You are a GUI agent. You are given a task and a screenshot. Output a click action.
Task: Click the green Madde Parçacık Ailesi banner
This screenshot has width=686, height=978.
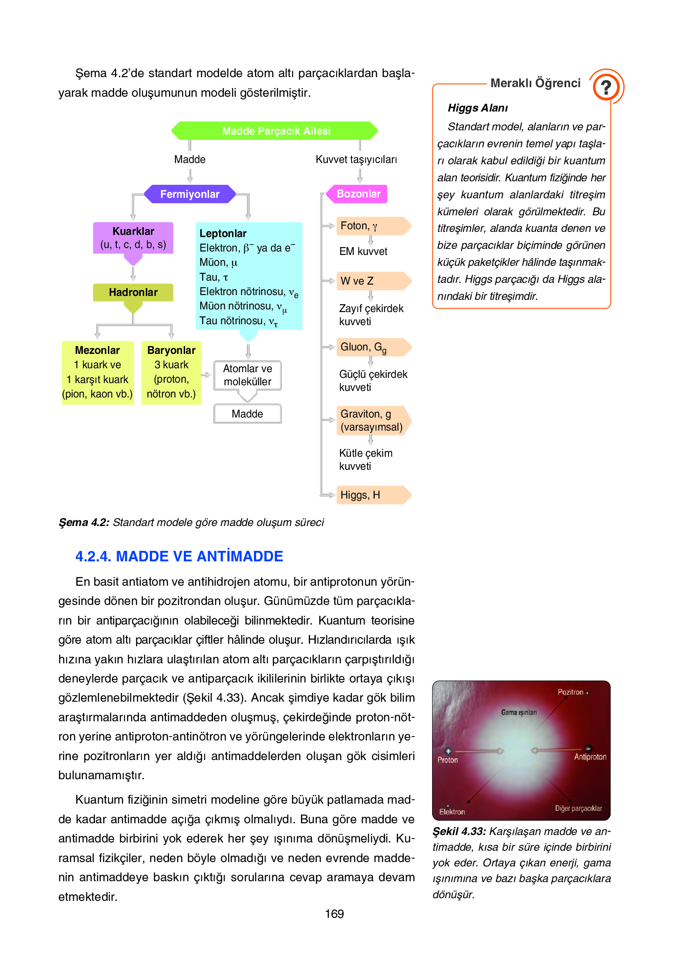pyautogui.click(x=275, y=131)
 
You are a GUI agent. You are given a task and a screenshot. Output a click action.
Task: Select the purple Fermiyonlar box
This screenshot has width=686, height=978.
pyautogui.click(x=189, y=194)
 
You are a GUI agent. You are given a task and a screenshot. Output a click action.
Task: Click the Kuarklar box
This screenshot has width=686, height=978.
pyautogui.click(x=133, y=238)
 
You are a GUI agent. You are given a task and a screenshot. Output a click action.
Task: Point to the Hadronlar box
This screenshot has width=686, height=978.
pyautogui.click(x=133, y=292)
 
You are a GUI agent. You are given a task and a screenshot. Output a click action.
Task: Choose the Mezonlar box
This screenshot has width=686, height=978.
pyautogui.click(x=98, y=372)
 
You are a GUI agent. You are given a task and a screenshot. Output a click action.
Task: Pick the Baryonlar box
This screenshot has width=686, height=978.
pyautogui.click(x=171, y=372)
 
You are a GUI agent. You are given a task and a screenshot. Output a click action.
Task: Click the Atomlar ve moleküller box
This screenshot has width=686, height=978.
pyautogui.click(x=247, y=375)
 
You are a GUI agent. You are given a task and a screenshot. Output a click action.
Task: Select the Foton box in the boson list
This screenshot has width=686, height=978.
pyautogui.click(x=372, y=226)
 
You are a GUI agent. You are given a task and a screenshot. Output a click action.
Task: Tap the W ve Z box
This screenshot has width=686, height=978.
pyautogui.click(x=372, y=281)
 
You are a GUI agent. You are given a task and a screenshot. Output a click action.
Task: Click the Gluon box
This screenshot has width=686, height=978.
pyautogui.click(x=372, y=347)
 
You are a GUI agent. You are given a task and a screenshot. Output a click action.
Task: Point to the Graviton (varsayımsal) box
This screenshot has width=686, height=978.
pyautogui.click(x=372, y=421)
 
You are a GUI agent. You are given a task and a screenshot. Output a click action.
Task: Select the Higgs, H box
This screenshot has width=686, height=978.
pyautogui.click(x=372, y=495)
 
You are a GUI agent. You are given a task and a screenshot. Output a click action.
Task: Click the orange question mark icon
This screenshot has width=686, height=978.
pyautogui.click(x=606, y=87)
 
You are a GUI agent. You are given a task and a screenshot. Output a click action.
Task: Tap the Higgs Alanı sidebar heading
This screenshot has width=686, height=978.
pyautogui.click(x=478, y=108)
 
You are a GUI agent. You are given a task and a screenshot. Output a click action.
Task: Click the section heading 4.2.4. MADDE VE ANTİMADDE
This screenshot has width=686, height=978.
pyautogui.click(x=179, y=556)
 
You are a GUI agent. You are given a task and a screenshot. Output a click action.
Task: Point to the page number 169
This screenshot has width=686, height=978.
pyautogui.click(x=334, y=914)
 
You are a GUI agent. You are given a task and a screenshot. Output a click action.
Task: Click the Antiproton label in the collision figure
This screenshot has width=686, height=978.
pyautogui.click(x=590, y=757)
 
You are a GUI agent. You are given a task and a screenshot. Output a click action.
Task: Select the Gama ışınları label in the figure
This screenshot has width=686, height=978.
pyautogui.click(x=519, y=713)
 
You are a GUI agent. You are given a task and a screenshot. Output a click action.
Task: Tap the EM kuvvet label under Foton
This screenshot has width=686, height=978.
pyautogui.click(x=363, y=251)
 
